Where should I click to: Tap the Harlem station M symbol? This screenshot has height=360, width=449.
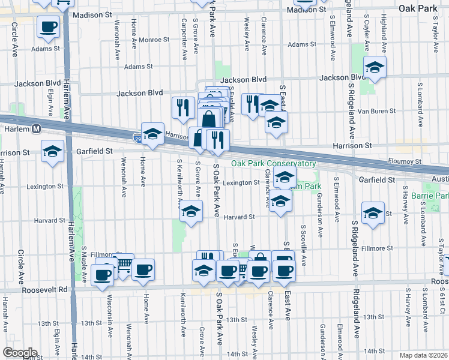(37, 128)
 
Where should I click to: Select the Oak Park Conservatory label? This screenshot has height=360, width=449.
(274, 164)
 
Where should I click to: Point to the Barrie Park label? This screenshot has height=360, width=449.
(430, 196)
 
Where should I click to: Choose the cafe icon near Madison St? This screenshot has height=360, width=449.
(48, 26)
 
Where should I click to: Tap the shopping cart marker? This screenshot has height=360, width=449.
(123, 264)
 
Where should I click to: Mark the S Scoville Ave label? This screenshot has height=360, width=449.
(304, 245)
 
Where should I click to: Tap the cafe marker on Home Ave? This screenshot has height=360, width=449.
(143, 270)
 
